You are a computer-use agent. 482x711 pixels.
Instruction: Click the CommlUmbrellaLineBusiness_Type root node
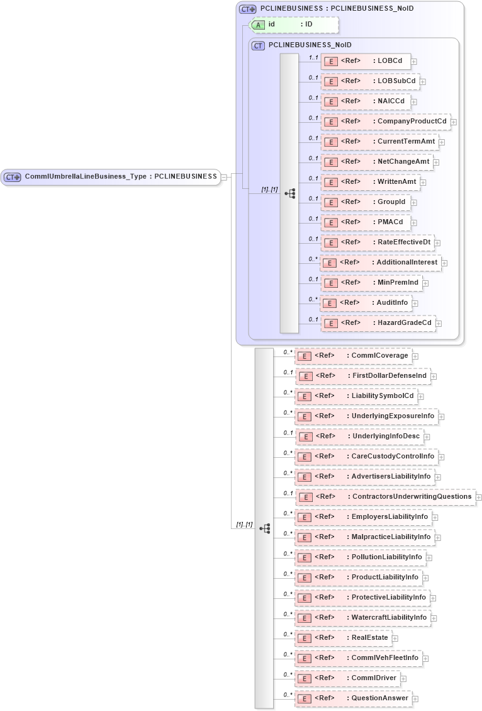[110, 177]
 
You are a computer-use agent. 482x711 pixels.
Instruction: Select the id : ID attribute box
[294, 25]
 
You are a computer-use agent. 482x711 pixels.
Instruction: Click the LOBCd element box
[366, 61]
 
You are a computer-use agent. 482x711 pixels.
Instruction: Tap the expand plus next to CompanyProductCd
[453, 122]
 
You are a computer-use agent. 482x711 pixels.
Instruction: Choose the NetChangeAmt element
[376, 162]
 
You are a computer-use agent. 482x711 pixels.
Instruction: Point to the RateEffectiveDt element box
[377, 242]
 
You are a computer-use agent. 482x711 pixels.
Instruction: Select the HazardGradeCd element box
[378, 323]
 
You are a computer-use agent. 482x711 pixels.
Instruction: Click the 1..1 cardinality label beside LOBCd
[313, 57]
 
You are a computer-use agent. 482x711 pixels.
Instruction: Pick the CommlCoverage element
[354, 356]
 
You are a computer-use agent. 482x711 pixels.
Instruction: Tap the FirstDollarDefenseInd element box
[363, 376]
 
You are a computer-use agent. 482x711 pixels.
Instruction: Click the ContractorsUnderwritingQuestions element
[385, 497]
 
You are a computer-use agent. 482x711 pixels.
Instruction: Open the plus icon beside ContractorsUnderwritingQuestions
[479, 498]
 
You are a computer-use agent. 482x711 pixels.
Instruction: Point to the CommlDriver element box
[347, 678]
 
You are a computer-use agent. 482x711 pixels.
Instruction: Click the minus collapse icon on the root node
[224, 178]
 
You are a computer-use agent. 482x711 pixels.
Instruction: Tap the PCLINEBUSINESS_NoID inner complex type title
[310, 45]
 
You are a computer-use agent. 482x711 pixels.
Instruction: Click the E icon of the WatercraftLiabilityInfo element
[305, 618]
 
